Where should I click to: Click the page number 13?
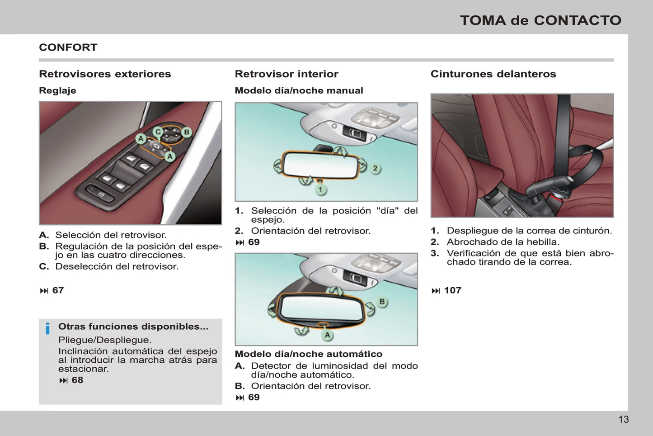point(624,419)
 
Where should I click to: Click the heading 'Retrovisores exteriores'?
point(105,74)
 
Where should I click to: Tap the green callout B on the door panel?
point(187,132)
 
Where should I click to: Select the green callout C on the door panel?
point(158,132)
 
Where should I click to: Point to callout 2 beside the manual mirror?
point(375,168)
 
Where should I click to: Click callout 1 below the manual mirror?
point(321,190)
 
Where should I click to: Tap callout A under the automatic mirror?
point(327,335)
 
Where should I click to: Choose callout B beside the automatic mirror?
point(382,302)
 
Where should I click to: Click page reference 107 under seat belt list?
point(452,290)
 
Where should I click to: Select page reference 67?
point(58,290)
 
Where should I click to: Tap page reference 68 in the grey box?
point(77,380)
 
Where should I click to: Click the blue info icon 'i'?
point(47,329)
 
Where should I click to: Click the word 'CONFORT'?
point(68,47)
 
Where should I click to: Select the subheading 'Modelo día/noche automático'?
point(309,354)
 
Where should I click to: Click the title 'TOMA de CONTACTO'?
point(541,20)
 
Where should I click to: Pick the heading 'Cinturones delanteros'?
point(493,74)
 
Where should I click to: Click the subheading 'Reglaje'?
point(57,91)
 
